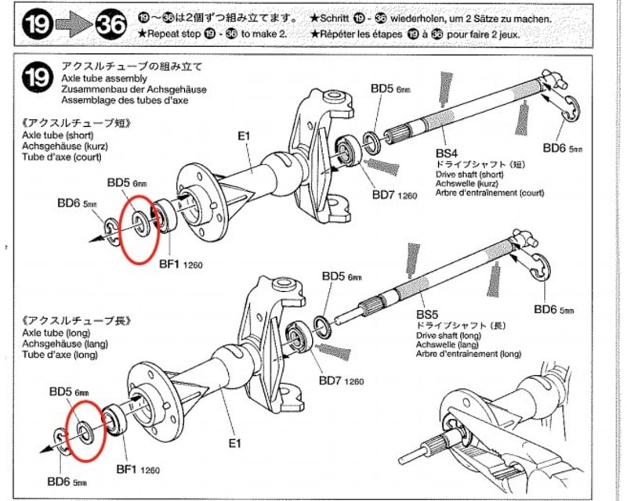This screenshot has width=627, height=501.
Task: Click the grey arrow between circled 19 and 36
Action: pos(69,26)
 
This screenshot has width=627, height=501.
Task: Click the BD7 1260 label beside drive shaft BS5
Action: pos(341,381)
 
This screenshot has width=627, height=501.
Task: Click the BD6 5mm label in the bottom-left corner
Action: pos(67,481)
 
